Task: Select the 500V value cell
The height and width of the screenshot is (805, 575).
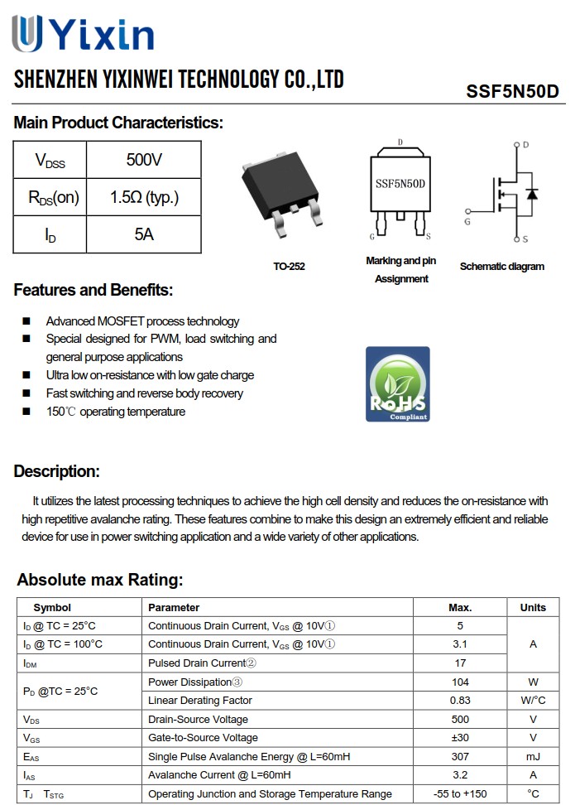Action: click(144, 160)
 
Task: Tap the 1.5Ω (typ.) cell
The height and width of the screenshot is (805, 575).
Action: click(144, 197)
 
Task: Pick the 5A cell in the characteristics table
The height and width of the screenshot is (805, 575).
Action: click(144, 234)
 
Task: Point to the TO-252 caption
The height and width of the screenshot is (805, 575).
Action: click(289, 267)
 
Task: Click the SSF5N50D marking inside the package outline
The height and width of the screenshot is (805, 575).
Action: click(400, 184)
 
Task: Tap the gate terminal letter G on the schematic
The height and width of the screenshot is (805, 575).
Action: click(467, 222)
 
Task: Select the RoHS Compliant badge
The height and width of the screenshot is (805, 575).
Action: click(398, 384)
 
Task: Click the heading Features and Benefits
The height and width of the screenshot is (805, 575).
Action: click(93, 291)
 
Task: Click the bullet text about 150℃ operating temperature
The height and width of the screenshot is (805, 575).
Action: click(116, 412)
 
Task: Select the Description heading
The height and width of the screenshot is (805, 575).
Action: click(57, 472)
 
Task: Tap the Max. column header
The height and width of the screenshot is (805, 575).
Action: click(460, 607)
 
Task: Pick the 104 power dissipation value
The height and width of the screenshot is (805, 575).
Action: click(460, 682)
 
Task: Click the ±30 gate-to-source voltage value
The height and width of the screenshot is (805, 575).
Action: click(460, 737)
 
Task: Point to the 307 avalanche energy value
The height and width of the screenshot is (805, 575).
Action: click(460, 756)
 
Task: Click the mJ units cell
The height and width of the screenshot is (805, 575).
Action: click(533, 756)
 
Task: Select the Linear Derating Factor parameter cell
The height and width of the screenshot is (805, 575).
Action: click(200, 701)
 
